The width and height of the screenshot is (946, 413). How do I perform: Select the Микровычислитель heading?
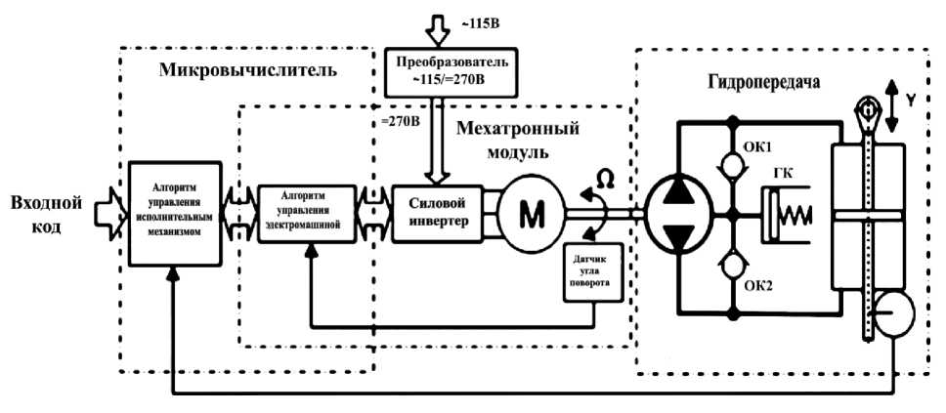tap(247, 71)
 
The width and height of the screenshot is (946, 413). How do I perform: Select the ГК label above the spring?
tap(782, 172)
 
